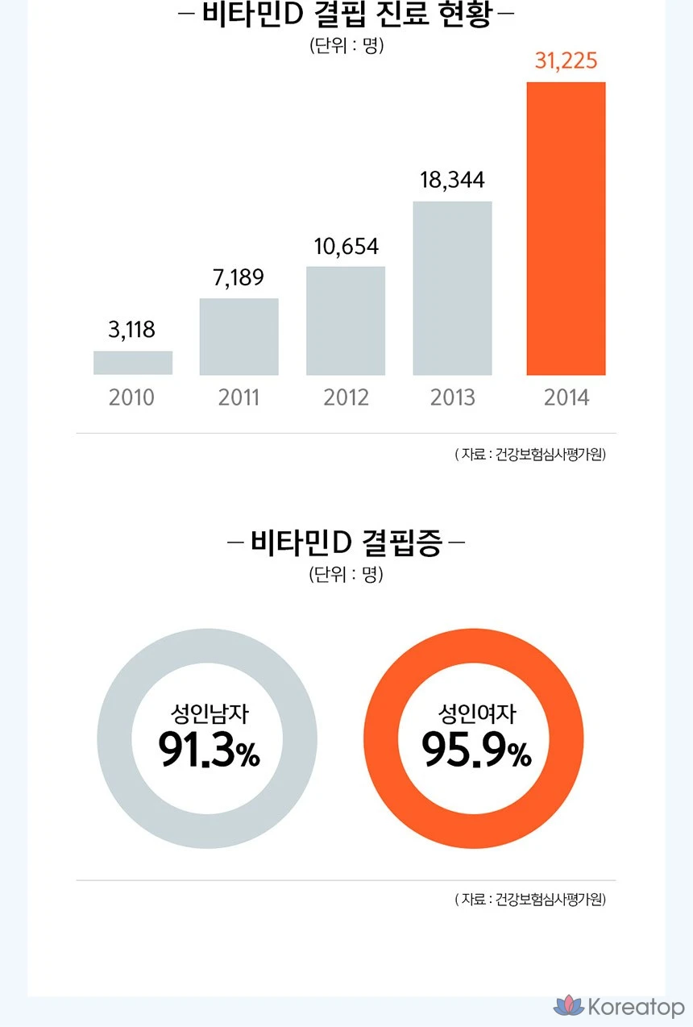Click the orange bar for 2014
[x=566, y=228]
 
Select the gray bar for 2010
[x=133, y=363]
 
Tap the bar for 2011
[x=239, y=337]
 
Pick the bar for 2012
[x=346, y=321]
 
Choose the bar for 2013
[x=452, y=288]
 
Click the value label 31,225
[x=566, y=62]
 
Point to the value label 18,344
[x=452, y=180]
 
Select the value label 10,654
[x=346, y=246]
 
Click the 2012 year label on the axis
[x=346, y=397]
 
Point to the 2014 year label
[x=566, y=397]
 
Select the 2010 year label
[x=131, y=397]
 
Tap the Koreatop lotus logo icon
[x=569, y=1005]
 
